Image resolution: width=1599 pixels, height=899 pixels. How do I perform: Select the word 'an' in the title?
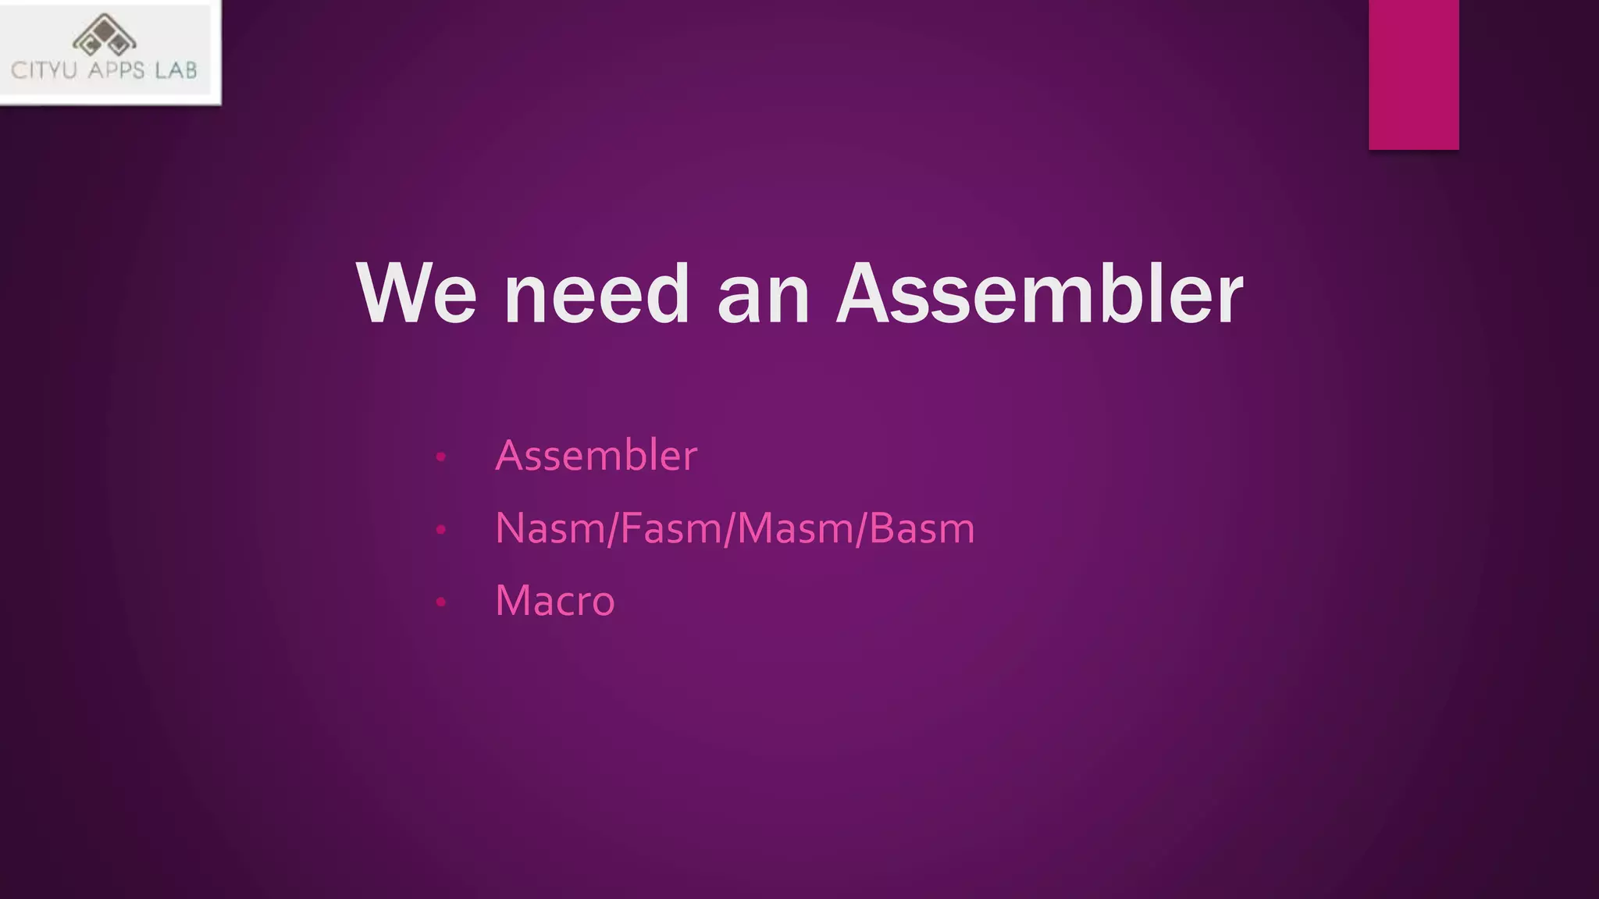pyautogui.click(x=764, y=295)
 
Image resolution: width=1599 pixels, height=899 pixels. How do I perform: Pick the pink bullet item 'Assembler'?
pyautogui.click(x=597, y=455)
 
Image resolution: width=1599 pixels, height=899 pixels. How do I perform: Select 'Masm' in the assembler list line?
pyautogui.click(x=796, y=528)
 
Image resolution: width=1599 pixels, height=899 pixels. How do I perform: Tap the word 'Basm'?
pyautogui.click(x=922, y=528)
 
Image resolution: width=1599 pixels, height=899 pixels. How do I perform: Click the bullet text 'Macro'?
pyautogui.click(x=555, y=601)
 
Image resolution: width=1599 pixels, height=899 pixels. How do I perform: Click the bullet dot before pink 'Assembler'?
pyautogui.click(x=441, y=457)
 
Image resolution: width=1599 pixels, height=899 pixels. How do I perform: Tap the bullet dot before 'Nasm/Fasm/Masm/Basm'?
pyautogui.click(x=441, y=530)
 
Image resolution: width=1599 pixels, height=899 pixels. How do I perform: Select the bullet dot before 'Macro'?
pyautogui.click(x=441, y=602)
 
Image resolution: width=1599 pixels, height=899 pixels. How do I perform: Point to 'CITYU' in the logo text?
pyautogui.click(x=45, y=71)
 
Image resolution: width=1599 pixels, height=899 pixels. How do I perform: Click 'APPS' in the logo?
pyautogui.click(x=116, y=71)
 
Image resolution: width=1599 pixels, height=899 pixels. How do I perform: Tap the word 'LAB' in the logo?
pyautogui.click(x=176, y=71)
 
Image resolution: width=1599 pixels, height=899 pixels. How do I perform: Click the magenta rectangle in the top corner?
pyautogui.click(x=1413, y=74)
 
